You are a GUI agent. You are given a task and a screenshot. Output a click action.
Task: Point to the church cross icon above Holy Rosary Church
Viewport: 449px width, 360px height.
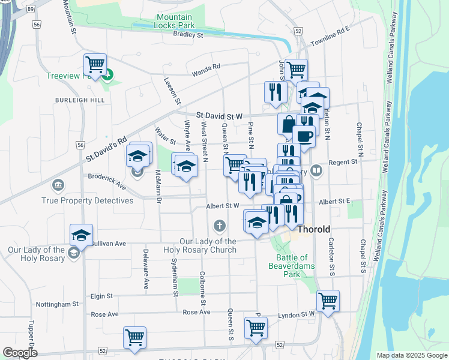click(220, 226)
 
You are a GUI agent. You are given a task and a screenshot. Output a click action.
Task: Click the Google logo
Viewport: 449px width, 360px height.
click(20, 353)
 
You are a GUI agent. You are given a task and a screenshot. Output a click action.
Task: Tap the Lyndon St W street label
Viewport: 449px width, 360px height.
click(297, 314)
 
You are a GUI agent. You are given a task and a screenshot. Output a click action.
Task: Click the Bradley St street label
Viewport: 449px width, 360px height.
click(188, 35)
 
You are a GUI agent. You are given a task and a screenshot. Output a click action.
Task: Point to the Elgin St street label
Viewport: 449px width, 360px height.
click(101, 296)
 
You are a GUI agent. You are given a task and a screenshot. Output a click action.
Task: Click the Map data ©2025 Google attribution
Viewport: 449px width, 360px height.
click(411, 355)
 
